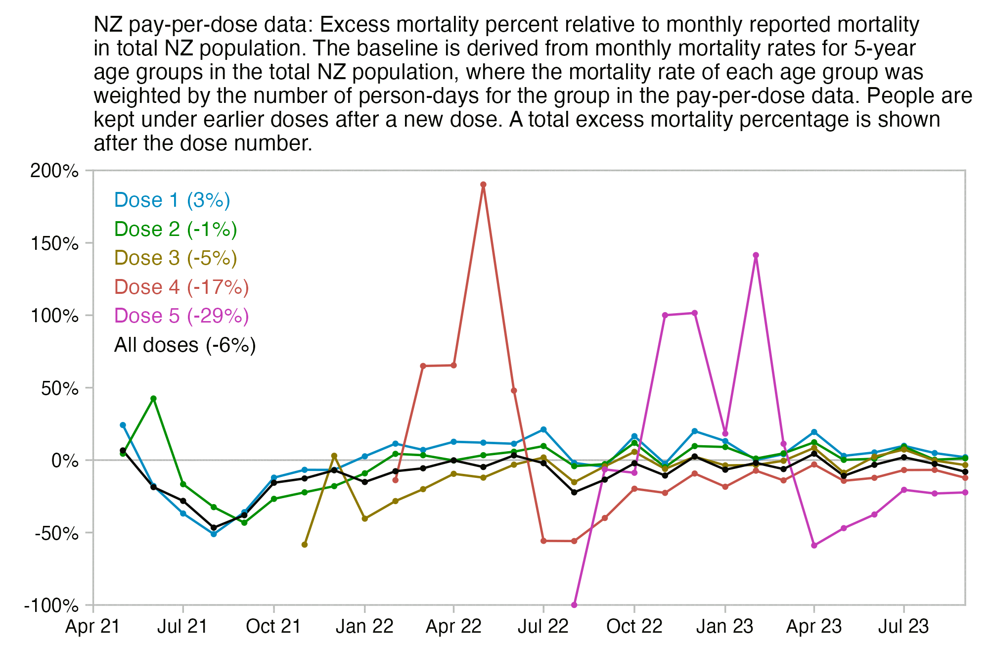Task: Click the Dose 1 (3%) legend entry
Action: pyautogui.click(x=172, y=200)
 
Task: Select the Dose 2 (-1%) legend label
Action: pyautogui.click(x=176, y=230)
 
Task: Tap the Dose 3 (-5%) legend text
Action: pyautogui.click(x=176, y=258)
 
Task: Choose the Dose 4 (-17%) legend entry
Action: pyautogui.click(x=181, y=287)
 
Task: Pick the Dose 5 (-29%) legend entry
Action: pyautogui.click(x=181, y=316)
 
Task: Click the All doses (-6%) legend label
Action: pyautogui.click(x=185, y=345)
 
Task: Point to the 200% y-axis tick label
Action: pyautogui.click(x=54, y=171)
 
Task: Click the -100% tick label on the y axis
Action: pyautogui.click(x=51, y=606)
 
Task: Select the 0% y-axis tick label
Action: pyautogui.click(x=65, y=461)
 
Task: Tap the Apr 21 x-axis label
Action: pyautogui.click(x=93, y=627)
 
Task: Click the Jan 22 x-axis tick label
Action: pyautogui.click(x=364, y=627)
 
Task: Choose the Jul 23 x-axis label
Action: pyautogui.click(x=903, y=627)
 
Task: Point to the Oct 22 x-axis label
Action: pyautogui.click(x=634, y=627)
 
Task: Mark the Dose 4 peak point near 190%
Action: pyautogui.click(x=483, y=185)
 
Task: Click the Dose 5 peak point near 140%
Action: pyautogui.click(x=756, y=256)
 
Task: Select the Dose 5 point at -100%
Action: pyautogui.click(x=574, y=605)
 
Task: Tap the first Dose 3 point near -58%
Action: pyautogui.click(x=305, y=545)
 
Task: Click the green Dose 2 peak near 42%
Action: pyautogui.click(x=153, y=399)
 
